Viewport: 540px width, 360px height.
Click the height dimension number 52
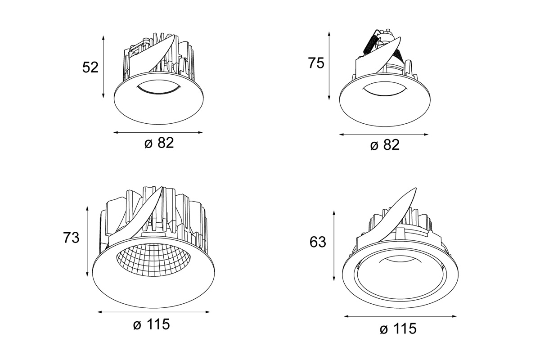coord(90,67)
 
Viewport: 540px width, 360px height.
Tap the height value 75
coord(316,63)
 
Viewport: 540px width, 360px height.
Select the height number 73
coord(71,237)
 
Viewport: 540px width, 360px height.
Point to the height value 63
coord(318,242)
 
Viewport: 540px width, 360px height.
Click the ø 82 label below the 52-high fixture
coord(158,143)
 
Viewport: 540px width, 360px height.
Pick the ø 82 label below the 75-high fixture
coord(384,145)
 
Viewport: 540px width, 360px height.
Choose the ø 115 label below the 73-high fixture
coord(152,324)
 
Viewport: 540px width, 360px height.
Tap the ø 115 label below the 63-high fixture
coord(398,329)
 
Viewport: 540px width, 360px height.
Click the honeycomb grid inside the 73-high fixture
coord(153,262)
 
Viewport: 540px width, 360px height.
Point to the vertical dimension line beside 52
coord(103,67)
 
